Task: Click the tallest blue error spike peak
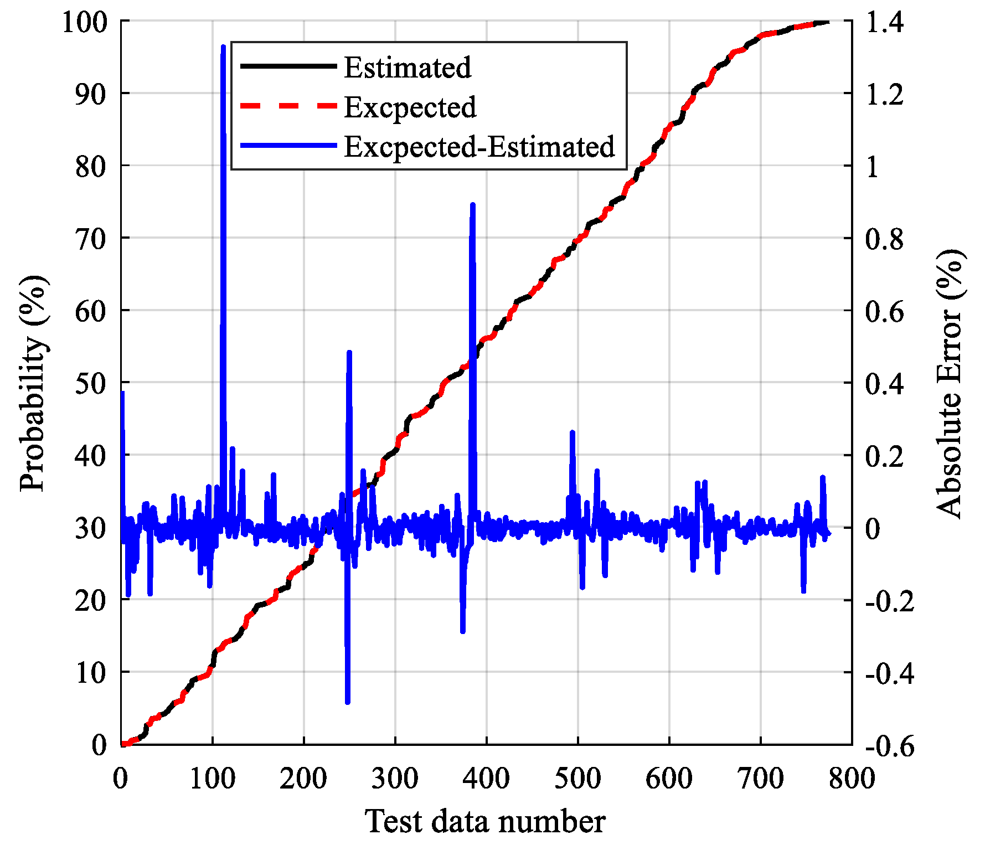pyautogui.click(x=223, y=47)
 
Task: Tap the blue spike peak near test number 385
pyautogui.click(x=473, y=205)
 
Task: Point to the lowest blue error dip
pyautogui.click(x=348, y=702)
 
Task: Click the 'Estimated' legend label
pyautogui.click(x=408, y=68)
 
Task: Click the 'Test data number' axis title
pyautogui.click(x=485, y=821)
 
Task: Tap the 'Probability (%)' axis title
pyautogui.click(x=33, y=383)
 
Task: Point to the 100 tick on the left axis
pyautogui.click(x=83, y=23)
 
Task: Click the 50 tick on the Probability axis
pyautogui.click(x=90, y=383)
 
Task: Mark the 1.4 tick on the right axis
pyautogui.click(x=884, y=23)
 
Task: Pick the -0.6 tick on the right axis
pyautogui.click(x=889, y=746)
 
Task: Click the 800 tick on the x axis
pyautogui.click(x=852, y=778)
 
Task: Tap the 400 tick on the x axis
pyautogui.click(x=486, y=778)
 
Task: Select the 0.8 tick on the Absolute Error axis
pyautogui.click(x=884, y=239)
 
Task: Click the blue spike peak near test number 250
pyautogui.click(x=349, y=353)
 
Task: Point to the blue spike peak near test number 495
pyautogui.click(x=573, y=432)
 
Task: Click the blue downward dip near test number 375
pyautogui.click(x=463, y=631)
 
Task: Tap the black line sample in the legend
pyautogui.click(x=288, y=66)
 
